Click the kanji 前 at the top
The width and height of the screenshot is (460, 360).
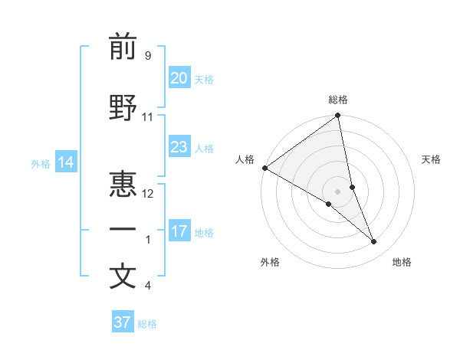(123, 48)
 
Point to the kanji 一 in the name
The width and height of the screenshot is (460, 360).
(123, 229)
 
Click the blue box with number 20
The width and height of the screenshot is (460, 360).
(179, 78)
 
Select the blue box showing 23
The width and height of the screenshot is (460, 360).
(179, 147)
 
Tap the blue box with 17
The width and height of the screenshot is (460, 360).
(179, 231)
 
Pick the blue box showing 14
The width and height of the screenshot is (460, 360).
(65, 162)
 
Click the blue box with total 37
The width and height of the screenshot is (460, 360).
(122, 322)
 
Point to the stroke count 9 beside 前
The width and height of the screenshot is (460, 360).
(147, 56)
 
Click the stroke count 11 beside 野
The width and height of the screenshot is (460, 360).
(148, 117)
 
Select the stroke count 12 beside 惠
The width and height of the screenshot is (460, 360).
(149, 193)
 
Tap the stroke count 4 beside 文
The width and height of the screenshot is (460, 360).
(148, 286)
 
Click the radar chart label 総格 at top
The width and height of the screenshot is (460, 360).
(338, 100)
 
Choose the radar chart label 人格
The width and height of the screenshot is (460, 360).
(245, 159)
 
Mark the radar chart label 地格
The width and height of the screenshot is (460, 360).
(402, 262)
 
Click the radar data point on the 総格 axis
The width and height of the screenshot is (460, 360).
(338, 116)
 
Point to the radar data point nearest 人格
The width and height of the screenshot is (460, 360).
(264, 168)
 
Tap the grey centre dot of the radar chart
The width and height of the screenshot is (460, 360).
(337, 191)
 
